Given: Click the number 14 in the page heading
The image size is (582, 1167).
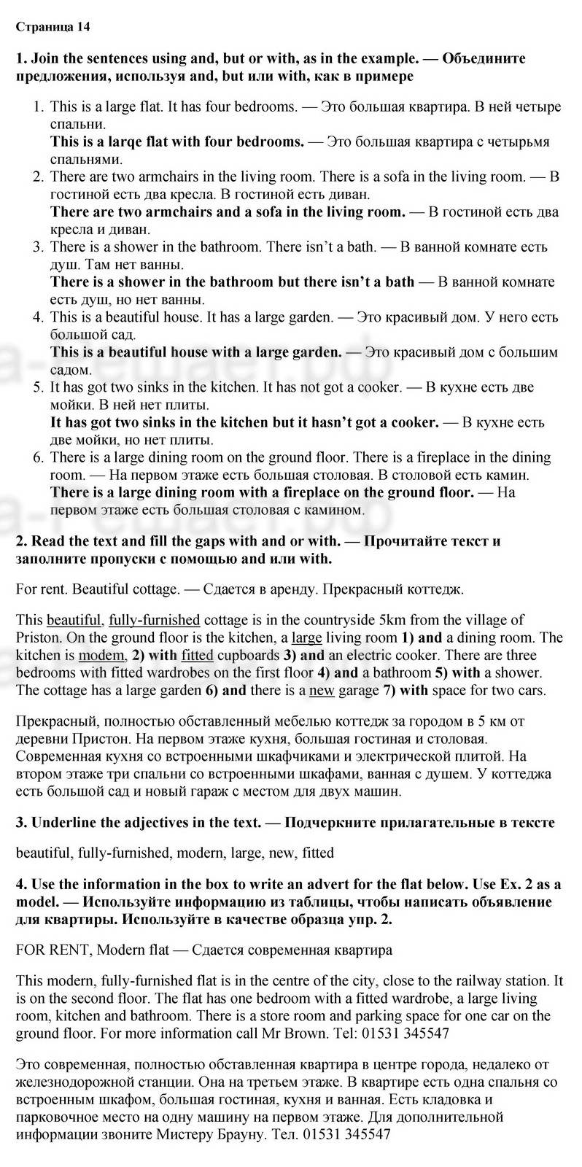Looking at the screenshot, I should click(x=84, y=28).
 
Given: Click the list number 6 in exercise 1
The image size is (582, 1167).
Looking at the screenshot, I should click(x=38, y=457).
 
